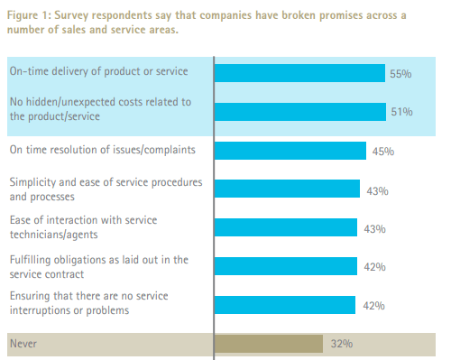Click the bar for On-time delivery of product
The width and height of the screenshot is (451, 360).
click(x=299, y=73)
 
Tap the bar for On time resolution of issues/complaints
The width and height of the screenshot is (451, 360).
click(x=290, y=151)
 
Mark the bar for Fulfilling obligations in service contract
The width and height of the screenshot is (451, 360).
click(x=285, y=266)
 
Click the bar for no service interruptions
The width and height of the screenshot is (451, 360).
click(x=285, y=305)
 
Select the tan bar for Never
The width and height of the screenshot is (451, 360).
click(x=268, y=344)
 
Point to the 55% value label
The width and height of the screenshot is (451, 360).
click(x=400, y=74)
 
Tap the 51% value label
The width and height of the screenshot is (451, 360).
click(x=401, y=113)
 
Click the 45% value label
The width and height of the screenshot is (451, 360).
click(x=382, y=152)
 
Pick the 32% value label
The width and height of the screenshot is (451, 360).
click(x=340, y=345)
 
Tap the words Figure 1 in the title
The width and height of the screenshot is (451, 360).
click(x=28, y=15)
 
